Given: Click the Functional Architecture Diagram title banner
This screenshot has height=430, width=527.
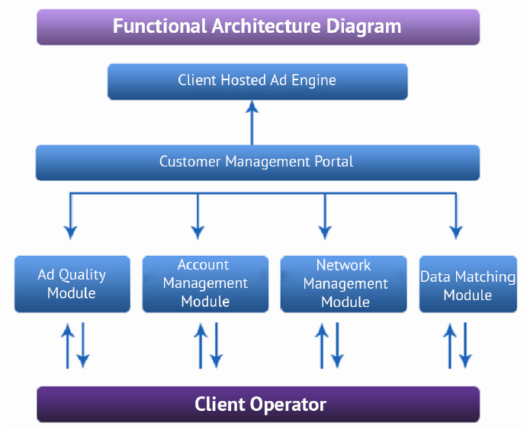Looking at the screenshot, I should pos(258,27).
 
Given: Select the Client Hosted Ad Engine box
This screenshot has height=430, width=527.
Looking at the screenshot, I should pos(257,81).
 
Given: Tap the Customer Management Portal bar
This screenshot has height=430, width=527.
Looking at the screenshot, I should pos(257,163).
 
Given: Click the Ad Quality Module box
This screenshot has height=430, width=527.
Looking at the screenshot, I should pos(72,284).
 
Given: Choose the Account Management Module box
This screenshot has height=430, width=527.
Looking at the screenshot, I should pos(205,284).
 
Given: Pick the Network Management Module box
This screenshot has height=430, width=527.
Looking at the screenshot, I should pos(345,284).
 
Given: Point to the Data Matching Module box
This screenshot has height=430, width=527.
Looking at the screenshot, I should pos(468,284).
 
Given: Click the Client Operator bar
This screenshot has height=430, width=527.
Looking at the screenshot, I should pos(258,404).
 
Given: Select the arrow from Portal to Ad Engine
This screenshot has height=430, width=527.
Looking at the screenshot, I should pos(252,122).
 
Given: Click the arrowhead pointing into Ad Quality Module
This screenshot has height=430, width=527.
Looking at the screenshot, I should pos(71,231).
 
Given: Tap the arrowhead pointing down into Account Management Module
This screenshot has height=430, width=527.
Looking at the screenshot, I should pos(198,231).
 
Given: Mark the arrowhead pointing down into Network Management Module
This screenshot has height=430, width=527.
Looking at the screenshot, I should pos(325,231).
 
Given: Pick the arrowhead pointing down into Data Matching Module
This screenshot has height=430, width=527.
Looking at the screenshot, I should pos(455,231).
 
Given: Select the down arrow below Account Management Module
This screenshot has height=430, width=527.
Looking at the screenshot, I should pos(217,345).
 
